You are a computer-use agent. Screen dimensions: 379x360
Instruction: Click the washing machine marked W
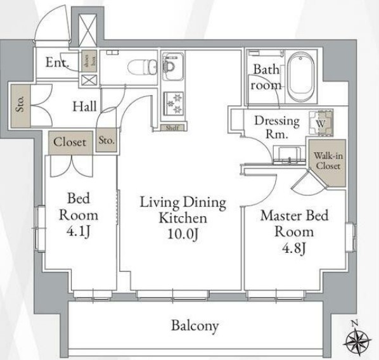(x=321, y=122)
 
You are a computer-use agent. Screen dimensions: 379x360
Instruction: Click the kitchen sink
(x=172, y=66)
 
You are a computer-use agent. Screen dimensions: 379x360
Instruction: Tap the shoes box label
(x=89, y=61)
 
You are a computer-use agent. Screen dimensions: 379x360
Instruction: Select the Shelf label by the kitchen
(x=172, y=127)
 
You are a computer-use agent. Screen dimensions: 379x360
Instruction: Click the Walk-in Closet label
(x=328, y=161)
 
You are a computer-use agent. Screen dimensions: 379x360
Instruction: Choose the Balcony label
(x=195, y=326)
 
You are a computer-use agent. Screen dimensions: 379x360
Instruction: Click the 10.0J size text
(x=183, y=234)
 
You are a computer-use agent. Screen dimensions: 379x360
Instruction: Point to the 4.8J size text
(x=294, y=248)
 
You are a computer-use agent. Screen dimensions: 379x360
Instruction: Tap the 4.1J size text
(x=79, y=232)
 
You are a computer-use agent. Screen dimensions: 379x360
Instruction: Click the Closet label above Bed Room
(x=70, y=142)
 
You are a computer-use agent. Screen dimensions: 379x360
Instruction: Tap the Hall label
(x=85, y=106)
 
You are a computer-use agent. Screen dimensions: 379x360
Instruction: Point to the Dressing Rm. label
(x=277, y=127)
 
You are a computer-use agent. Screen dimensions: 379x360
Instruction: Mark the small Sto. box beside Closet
(x=106, y=141)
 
